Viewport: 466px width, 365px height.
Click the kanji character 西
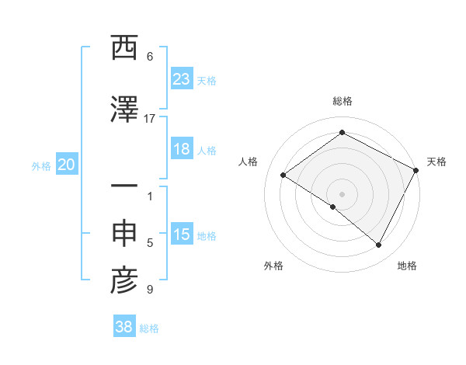pyautogui.click(x=124, y=48)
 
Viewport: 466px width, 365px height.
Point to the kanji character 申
pyautogui.click(x=124, y=235)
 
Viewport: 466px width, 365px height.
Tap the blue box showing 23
pyautogui.click(x=182, y=78)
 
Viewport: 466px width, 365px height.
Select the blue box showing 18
pyautogui.click(x=182, y=149)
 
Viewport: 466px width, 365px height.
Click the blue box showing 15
pyautogui.click(x=182, y=235)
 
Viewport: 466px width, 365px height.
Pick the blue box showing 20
pyautogui.click(x=67, y=165)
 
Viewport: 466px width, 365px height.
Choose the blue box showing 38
pyautogui.click(x=124, y=327)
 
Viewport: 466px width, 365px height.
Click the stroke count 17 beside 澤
pyautogui.click(x=150, y=119)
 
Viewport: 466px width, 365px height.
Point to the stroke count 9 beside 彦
pyautogui.click(x=150, y=290)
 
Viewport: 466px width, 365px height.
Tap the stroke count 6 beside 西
pyautogui.click(x=150, y=57)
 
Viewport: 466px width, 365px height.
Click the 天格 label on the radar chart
pyautogui.click(x=436, y=162)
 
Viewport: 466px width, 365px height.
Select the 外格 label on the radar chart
pyautogui.click(x=273, y=266)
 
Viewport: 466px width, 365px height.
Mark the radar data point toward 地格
pyautogui.click(x=379, y=245)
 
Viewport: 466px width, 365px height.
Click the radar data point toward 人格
pyautogui.click(x=283, y=175)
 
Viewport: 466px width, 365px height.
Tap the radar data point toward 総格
pyautogui.click(x=342, y=133)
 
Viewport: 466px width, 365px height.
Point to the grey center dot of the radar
pyautogui.click(x=342, y=193)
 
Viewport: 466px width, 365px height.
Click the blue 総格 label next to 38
pyautogui.click(x=149, y=328)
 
